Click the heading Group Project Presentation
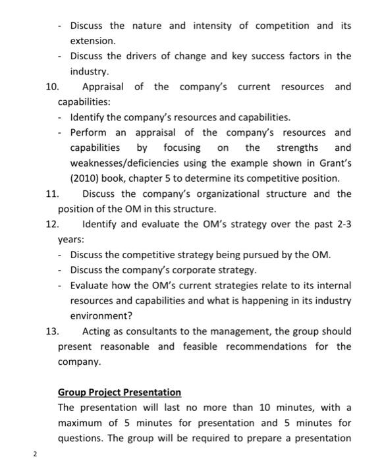pos(119,392)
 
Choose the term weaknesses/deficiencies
pos(129,163)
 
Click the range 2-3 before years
pos(341,225)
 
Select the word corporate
pos(198,270)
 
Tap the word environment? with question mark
pos(101,315)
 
